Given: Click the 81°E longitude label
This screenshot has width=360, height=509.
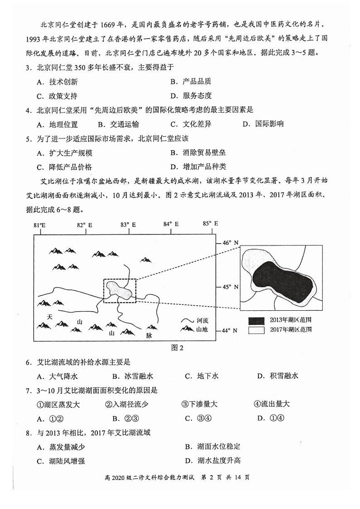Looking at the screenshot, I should (x=39, y=225).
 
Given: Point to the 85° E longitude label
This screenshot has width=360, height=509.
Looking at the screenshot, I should (x=210, y=224).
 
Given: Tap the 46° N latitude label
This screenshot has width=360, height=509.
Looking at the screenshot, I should (x=230, y=243).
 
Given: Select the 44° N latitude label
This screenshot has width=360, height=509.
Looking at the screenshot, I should (x=230, y=330).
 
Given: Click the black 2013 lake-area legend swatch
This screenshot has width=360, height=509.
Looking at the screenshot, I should (x=256, y=320).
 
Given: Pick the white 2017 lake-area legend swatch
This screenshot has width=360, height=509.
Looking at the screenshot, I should (x=256, y=330).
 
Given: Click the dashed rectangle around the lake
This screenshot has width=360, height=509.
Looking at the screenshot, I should (x=119, y=291).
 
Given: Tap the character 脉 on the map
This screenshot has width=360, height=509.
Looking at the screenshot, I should (x=149, y=335).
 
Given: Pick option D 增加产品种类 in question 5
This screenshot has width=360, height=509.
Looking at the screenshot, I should (x=198, y=166).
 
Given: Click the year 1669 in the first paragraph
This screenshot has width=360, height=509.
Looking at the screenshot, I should (x=108, y=24).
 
